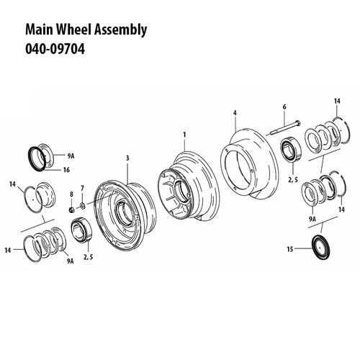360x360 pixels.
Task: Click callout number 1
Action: click(184, 135)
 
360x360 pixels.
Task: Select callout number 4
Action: click(235, 113)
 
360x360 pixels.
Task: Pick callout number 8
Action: click(71, 194)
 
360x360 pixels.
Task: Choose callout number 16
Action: click(66, 171)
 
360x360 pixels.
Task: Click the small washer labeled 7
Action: click(81, 207)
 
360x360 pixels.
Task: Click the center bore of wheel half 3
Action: click(125, 212)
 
